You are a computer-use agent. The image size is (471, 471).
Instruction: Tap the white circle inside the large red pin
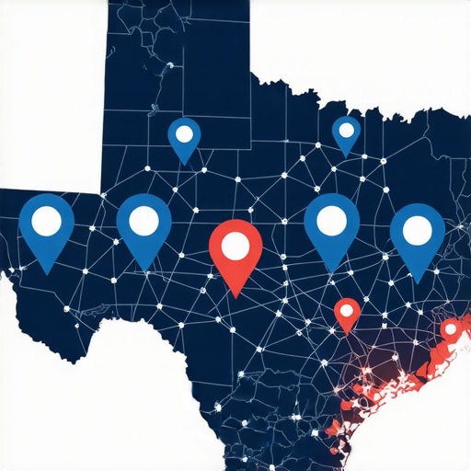pos(235,246)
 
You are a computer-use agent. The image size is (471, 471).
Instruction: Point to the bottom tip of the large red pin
pos(235,296)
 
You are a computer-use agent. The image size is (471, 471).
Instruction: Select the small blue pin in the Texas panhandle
pos(184,139)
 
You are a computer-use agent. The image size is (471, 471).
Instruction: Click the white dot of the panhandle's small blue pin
pos(184,134)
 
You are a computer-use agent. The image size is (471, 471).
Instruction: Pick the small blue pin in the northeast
pos(347,134)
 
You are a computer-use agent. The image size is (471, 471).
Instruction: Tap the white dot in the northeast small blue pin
pos(347,130)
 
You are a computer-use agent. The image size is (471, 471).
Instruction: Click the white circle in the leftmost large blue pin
pos(46,220)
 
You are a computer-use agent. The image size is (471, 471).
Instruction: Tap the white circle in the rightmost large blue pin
pos(418,227)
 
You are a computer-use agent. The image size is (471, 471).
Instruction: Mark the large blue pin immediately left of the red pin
pos(144,225)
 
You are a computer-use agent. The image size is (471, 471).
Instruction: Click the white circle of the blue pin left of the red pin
pos(144,221)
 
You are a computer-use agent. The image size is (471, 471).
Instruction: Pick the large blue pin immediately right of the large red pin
pos(331,225)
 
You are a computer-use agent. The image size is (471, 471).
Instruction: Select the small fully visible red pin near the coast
pos(347,314)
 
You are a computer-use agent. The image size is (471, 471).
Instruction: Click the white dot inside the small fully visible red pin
pos(347,310)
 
